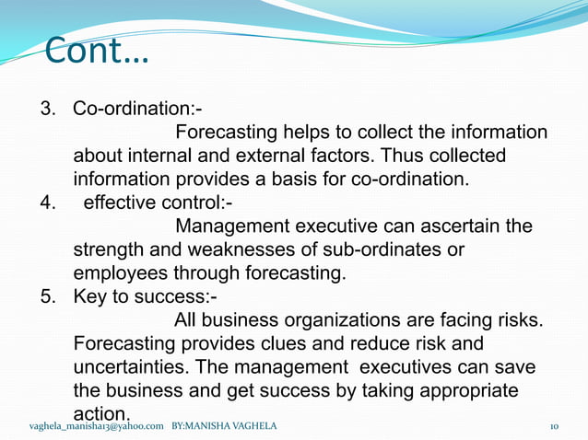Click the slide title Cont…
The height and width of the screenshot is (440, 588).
[96, 52]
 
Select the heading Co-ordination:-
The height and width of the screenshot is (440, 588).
[138, 110]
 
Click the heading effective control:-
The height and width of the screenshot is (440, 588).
[158, 202]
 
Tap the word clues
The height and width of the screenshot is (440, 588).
[297, 344]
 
